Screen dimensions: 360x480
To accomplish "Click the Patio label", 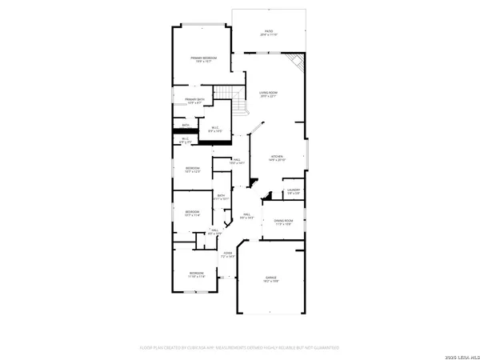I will click(268, 33).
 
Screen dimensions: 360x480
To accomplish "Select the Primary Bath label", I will click(196, 101).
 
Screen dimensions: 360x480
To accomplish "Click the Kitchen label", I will click(277, 158).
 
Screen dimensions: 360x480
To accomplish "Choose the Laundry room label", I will click(294, 191).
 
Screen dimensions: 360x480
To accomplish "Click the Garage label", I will click(272, 280).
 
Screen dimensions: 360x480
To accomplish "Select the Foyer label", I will click(228, 254).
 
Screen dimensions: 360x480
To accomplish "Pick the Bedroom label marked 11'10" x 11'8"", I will click(197, 274).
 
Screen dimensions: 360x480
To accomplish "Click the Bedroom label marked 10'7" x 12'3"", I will click(193, 170).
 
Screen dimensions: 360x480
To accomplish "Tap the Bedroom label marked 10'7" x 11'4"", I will click(193, 213).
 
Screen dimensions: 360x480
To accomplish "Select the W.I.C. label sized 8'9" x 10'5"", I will click(214, 130).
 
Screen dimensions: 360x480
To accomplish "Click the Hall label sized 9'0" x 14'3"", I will click(247, 216).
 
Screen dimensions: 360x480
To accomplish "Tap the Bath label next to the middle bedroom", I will click(222, 197).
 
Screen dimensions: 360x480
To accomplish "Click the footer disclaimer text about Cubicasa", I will click(240, 348).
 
